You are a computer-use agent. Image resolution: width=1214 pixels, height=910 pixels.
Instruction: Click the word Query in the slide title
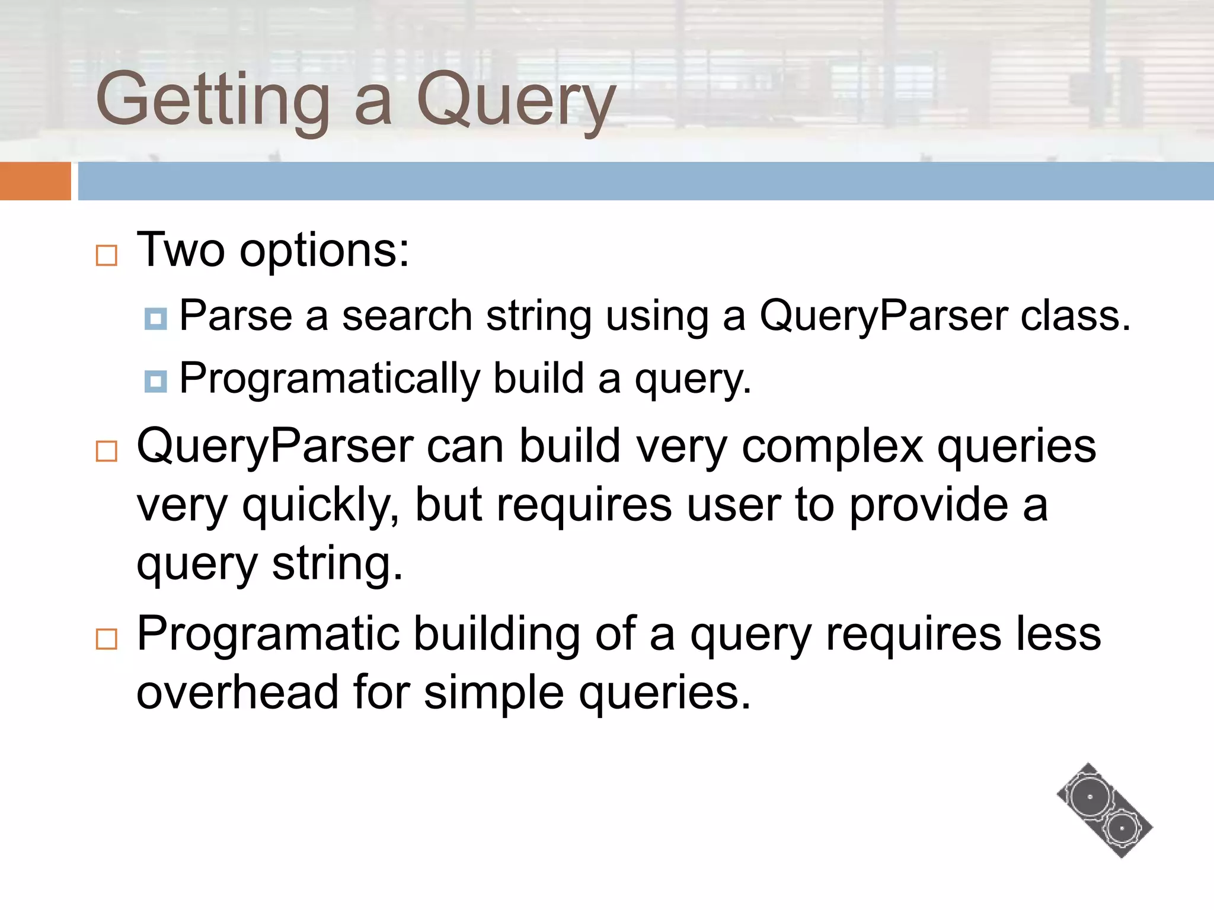(516, 101)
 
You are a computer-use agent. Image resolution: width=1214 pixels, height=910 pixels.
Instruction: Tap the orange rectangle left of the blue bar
(35, 181)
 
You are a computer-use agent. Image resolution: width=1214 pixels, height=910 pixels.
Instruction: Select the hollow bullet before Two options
(107, 255)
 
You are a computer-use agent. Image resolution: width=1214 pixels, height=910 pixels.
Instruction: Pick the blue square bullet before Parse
(155, 319)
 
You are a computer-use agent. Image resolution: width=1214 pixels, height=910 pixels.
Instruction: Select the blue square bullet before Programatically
(155, 381)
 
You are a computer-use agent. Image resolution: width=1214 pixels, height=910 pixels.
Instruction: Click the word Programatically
(330, 379)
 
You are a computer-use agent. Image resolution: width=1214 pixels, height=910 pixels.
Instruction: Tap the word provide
(928, 505)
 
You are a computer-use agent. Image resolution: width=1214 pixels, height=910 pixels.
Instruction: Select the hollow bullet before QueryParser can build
(107, 451)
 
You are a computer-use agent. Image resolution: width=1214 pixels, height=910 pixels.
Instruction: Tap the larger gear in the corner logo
(1090, 797)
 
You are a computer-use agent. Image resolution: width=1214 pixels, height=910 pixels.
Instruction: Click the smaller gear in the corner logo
(1122, 828)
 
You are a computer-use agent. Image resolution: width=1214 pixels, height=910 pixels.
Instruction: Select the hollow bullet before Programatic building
(107, 639)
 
